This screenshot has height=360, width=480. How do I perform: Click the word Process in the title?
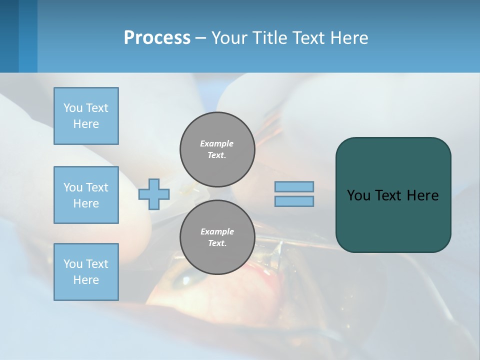tap(157, 38)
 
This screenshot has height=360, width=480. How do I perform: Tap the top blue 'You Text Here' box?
tap(86, 116)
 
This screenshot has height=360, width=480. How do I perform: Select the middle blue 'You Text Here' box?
tap(86, 195)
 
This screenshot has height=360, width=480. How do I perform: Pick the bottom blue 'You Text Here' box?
tap(86, 272)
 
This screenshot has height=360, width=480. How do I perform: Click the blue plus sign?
tap(154, 194)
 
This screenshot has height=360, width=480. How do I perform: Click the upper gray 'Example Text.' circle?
tap(217, 149)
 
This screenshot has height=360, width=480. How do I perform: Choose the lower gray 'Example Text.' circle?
tap(217, 237)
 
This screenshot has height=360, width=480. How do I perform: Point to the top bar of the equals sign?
tap(294, 187)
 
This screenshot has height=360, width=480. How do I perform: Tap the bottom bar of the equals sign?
tap(294, 201)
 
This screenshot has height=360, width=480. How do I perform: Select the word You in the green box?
tap(358, 195)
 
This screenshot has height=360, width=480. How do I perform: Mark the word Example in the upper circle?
tap(217, 143)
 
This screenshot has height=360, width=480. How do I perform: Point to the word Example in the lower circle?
tap(217, 231)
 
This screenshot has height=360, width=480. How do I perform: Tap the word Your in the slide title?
tap(230, 38)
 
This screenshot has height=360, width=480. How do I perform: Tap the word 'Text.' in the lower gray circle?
tap(217, 243)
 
